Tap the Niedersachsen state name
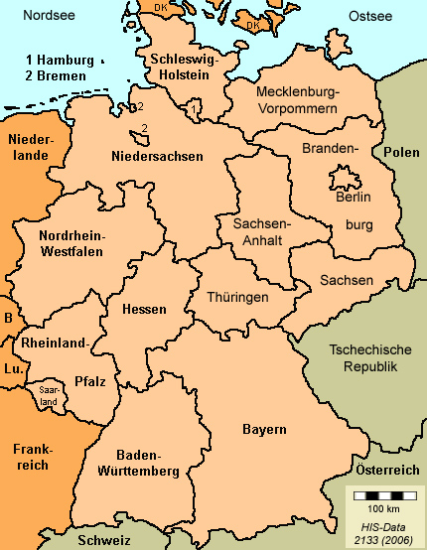pos(158,156)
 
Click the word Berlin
pos(354,197)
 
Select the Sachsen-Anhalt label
pos(261,232)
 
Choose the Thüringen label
pos(237,297)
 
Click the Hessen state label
pos(143,310)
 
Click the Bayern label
pos(264,429)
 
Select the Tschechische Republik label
pos(362,358)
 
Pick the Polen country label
pos(401,152)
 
